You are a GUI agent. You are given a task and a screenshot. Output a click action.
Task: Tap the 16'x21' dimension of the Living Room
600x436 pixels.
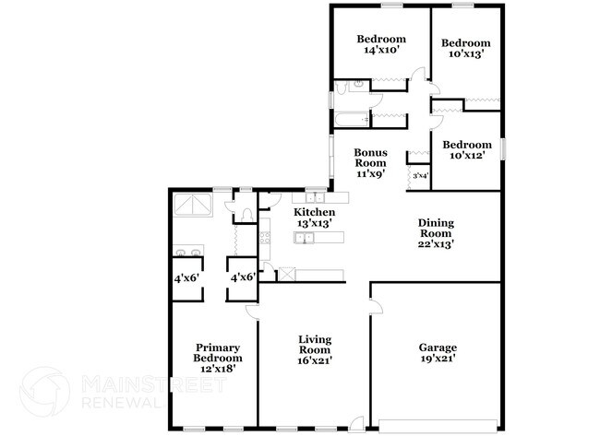(x=315, y=359)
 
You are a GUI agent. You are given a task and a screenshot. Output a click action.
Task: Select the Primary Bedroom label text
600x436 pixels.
(x=218, y=352)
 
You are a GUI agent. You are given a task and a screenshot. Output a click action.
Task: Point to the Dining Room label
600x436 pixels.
(x=436, y=228)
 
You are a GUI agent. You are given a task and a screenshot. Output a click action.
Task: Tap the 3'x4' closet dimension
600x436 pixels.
(x=420, y=175)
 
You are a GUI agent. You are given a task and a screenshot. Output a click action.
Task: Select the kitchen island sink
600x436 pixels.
(x=305, y=239)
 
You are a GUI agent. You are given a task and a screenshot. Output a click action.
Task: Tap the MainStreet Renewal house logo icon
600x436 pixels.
(x=44, y=391)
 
